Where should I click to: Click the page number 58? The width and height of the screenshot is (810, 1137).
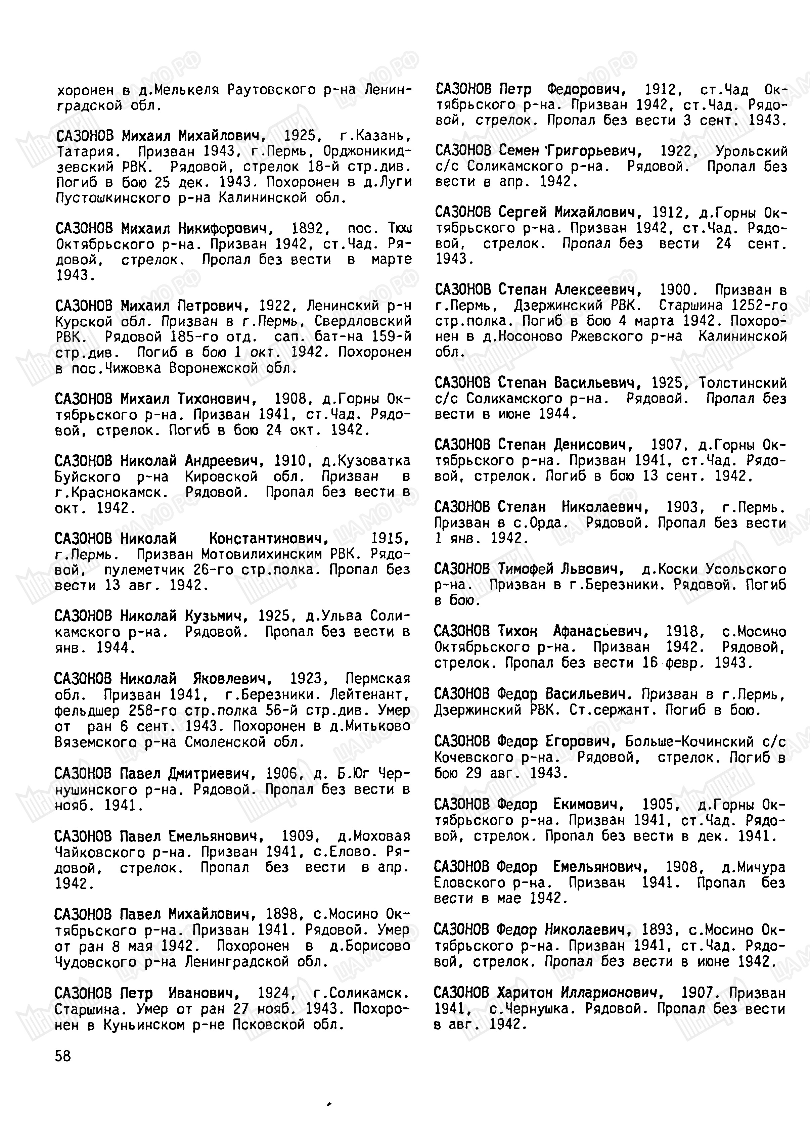point(63,1056)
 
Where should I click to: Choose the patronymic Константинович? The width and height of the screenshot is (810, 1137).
point(268,539)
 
